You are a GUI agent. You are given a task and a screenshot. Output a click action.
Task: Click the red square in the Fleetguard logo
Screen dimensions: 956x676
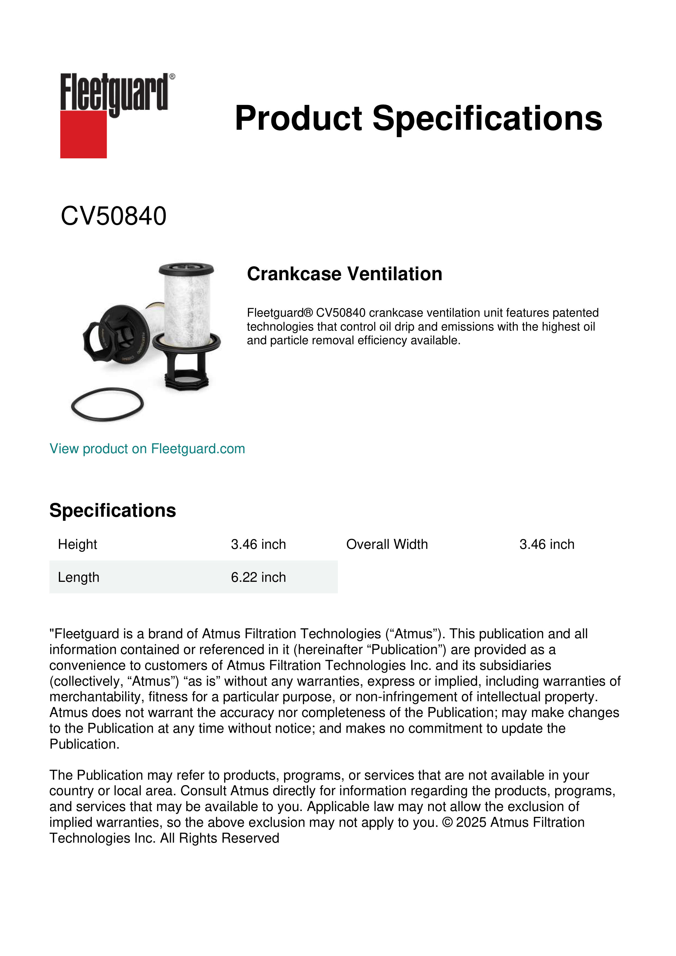coord(83,134)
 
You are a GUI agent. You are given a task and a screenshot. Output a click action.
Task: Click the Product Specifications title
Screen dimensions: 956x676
coord(418,118)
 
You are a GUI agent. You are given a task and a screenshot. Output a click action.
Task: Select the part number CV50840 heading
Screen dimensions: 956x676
coord(113,216)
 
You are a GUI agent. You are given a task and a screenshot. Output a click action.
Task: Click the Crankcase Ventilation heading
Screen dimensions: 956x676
coord(344,274)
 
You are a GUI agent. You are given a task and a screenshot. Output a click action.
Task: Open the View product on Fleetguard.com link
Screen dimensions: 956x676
coord(147,449)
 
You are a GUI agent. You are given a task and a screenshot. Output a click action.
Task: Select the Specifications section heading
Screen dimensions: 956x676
coord(112,510)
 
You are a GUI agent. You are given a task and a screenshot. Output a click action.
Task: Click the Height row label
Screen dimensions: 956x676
coord(77,544)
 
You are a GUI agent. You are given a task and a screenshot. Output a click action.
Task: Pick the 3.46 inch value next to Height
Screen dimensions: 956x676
coord(258,544)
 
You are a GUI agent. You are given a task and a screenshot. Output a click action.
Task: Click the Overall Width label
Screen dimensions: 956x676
coord(387,544)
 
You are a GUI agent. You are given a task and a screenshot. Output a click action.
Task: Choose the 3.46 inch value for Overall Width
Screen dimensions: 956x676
coord(547,544)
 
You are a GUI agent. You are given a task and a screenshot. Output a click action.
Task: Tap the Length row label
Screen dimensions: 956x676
coord(78,577)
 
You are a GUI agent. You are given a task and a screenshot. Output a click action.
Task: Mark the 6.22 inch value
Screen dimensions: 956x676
coord(258,577)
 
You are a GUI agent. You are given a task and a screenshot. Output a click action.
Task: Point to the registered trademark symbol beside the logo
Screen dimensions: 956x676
coord(172,77)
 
